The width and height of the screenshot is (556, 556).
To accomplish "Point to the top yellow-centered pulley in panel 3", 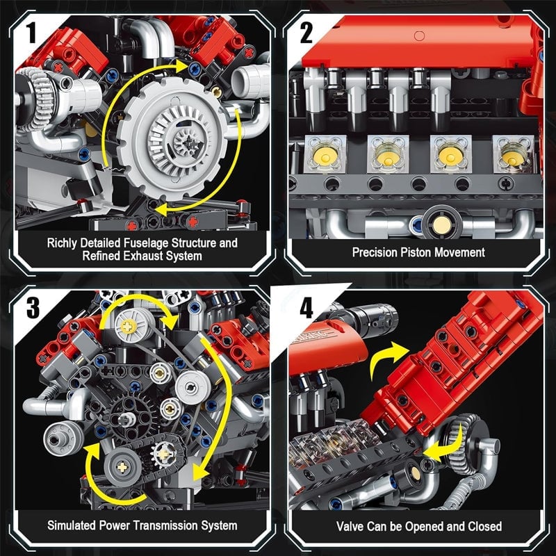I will (x=130, y=325).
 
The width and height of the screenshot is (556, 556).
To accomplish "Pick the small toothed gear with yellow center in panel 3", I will (x=165, y=452).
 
